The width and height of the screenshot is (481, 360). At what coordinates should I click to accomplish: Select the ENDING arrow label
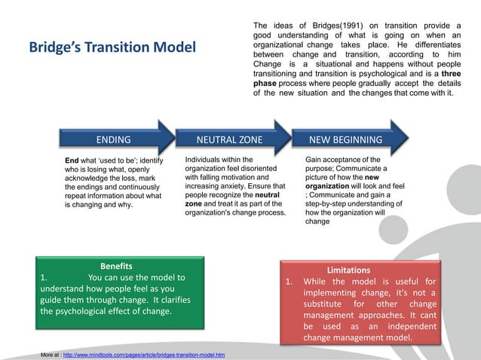tap(112, 139)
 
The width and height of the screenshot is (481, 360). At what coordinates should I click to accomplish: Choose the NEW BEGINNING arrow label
tap(345, 139)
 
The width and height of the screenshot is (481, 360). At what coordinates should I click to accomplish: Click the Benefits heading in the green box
tap(116, 266)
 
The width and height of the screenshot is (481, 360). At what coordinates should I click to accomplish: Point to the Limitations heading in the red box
tap(348, 269)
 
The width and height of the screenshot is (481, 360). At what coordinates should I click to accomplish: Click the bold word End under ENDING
tap(72, 160)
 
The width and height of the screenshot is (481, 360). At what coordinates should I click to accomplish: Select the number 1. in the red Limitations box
tap(289, 282)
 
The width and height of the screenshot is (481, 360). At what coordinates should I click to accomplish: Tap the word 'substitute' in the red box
tap(331, 304)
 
